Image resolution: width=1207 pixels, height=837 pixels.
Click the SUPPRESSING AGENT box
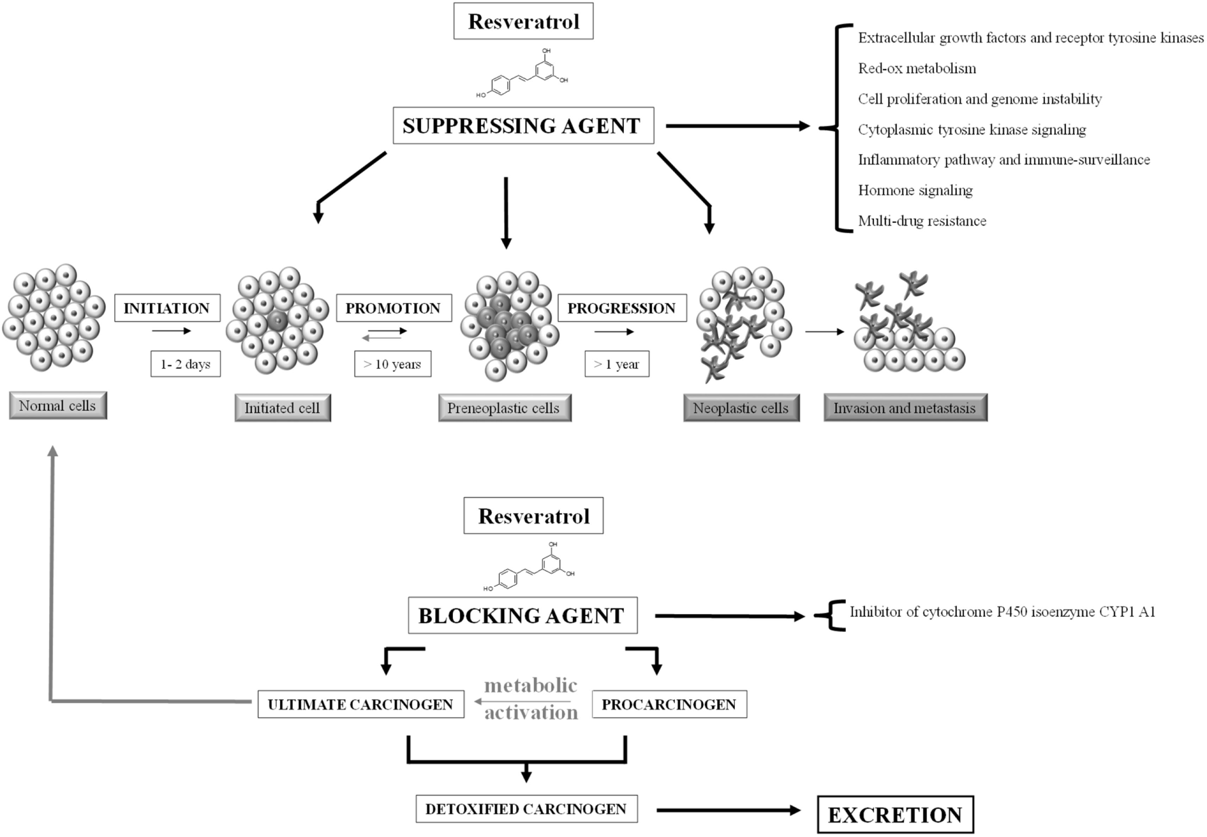pos(522,125)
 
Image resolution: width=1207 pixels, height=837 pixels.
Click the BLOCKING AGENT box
pos(522,615)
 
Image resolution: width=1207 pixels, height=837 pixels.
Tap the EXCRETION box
pos(894,815)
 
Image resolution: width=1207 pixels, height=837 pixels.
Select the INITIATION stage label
pos(167,308)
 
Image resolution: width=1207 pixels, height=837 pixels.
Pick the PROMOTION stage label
pos(393,308)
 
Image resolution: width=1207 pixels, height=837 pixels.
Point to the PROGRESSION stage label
pos(621,308)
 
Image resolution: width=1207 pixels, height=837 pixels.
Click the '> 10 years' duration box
pos(392,364)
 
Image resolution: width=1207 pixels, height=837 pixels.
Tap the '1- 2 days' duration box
pos(185,364)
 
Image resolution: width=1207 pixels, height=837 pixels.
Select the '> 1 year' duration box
pos(616,364)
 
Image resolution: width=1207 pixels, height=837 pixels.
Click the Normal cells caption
pos(58,406)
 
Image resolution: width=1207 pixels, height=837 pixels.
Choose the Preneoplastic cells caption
pos(504,408)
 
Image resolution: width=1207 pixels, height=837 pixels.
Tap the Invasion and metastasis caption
pos(905,408)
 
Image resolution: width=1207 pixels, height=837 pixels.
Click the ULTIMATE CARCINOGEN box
pos(360,704)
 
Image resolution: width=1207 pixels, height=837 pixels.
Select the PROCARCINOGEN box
pos(669,704)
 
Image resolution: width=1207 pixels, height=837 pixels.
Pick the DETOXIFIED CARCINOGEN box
pos(526,809)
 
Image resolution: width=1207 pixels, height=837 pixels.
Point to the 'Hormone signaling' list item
pos(915,190)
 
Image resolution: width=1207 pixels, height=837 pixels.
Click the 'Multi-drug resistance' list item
pos(922,221)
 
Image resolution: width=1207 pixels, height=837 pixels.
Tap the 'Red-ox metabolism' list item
pos(917,68)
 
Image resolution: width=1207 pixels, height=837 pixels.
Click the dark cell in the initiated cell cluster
pos(277,321)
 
